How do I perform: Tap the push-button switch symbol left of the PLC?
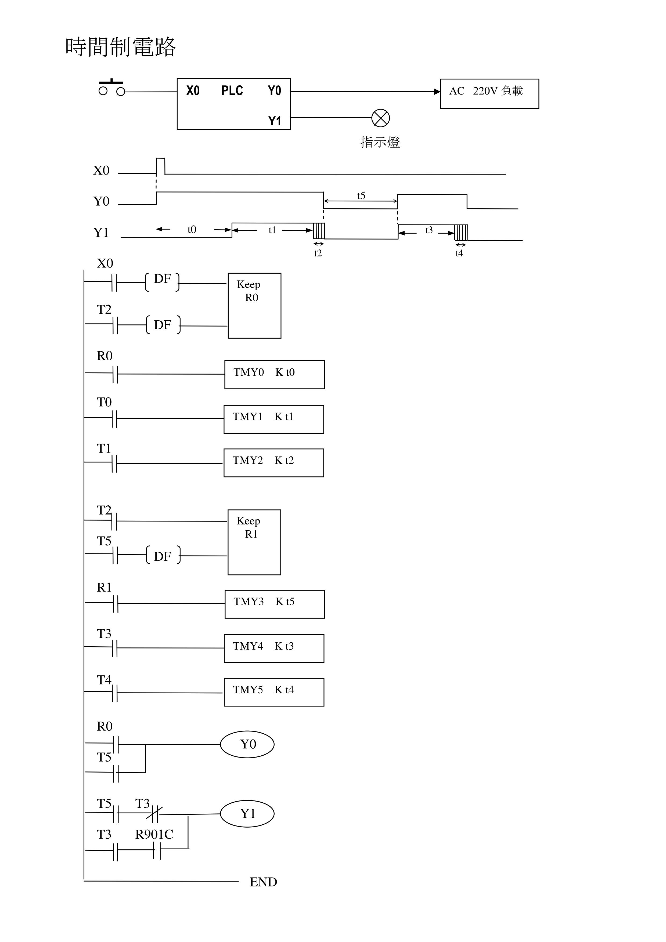(111, 88)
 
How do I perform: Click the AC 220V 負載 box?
(489, 93)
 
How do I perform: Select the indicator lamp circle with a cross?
(380, 118)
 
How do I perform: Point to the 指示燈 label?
(380, 142)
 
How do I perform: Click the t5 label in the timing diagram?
(361, 196)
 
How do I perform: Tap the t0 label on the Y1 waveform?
(192, 229)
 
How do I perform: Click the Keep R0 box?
(254, 305)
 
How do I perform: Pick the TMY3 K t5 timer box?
(275, 604)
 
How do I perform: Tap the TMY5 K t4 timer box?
(274, 692)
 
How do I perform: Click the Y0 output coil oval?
(247, 744)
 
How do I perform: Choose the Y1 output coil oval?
(247, 814)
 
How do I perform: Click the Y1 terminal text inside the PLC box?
(275, 121)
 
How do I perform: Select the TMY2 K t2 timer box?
(274, 463)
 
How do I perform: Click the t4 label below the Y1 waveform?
(459, 253)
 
